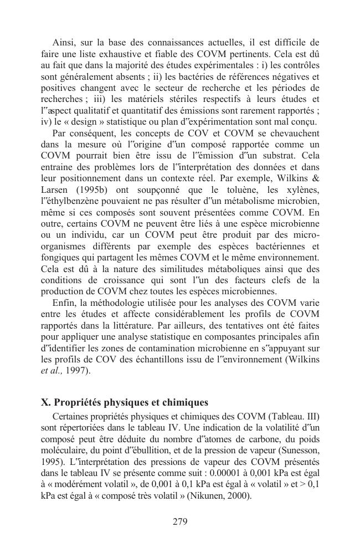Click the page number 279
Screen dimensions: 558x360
point(180,521)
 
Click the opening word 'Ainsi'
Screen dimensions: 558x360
point(64,42)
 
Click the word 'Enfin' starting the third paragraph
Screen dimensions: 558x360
point(64,303)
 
